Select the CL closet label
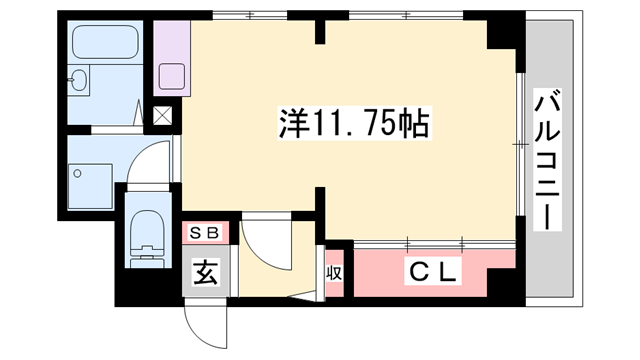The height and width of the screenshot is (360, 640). coord(432,270)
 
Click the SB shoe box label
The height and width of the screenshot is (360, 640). coord(206,234)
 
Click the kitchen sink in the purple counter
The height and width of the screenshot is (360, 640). coord(173,76)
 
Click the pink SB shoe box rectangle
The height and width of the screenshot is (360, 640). coord(206,234)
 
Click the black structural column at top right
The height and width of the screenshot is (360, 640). coord(501,34)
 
